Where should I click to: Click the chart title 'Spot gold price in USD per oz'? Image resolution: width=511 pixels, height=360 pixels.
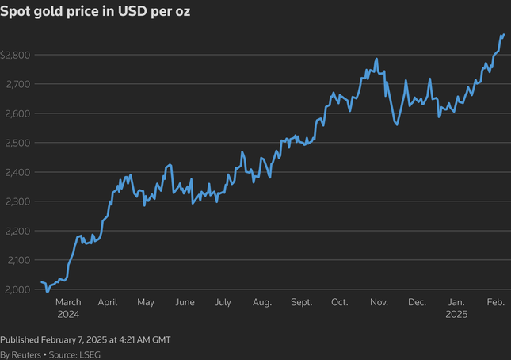(95, 13)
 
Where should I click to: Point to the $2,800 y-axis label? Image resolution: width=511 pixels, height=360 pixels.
(16, 55)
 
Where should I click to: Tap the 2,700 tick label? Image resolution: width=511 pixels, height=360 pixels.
(17, 84)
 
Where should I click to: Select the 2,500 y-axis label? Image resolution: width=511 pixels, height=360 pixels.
(17, 143)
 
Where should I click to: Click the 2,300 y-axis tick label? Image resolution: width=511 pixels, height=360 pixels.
(17, 201)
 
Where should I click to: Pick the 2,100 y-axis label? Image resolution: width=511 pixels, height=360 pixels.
(17, 260)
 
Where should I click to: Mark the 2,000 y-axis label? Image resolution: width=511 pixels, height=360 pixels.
(17, 289)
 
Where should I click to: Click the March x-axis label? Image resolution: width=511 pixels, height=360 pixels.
(69, 302)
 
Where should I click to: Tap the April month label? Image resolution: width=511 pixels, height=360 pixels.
(108, 302)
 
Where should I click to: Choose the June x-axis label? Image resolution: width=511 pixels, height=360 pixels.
(185, 302)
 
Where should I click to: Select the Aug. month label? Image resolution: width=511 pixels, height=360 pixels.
(262, 302)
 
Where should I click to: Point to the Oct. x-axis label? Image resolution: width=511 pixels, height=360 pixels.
(340, 302)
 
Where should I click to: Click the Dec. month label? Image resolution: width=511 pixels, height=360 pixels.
(417, 302)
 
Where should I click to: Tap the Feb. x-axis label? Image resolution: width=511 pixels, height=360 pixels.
(495, 302)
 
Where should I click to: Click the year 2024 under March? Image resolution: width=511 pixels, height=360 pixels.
(69, 314)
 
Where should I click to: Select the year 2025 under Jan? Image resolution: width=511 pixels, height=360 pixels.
(456, 314)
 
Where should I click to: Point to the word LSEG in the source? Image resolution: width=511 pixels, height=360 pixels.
(89, 354)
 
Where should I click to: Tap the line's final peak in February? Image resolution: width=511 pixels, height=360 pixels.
(503, 35)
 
